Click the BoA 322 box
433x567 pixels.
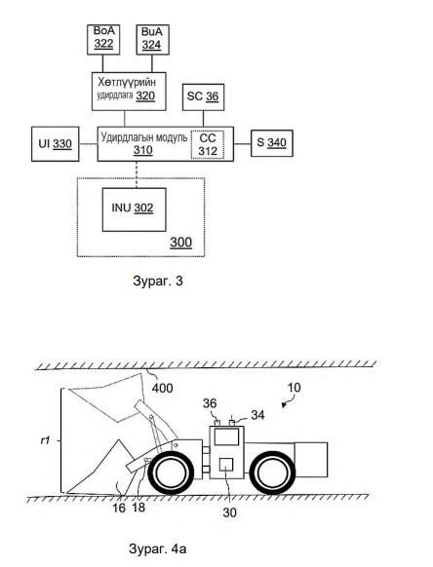(x=103, y=39)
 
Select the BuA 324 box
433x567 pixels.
(x=152, y=39)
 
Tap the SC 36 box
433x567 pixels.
(x=203, y=97)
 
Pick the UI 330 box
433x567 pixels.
(x=55, y=144)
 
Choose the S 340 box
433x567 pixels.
(x=271, y=143)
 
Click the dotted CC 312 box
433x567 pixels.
(x=208, y=144)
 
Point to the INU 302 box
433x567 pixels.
(x=134, y=209)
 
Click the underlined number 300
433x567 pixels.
(x=180, y=243)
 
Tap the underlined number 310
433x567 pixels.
(x=143, y=150)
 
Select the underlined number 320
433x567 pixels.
(x=145, y=95)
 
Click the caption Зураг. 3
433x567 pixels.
(x=158, y=281)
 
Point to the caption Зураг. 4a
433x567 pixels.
(x=157, y=548)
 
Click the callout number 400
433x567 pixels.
(x=162, y=389)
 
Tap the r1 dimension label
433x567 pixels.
(x=45, y=440)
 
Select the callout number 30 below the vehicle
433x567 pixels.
(x=229, y=512)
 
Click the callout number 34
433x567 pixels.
(x=257, y=415)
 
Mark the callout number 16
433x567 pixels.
(x=119, y=508)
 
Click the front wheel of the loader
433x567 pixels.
(x=171, y=472)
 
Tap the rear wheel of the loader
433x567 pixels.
(x=272, y=472)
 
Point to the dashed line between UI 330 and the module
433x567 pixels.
(x=89, y=144)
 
